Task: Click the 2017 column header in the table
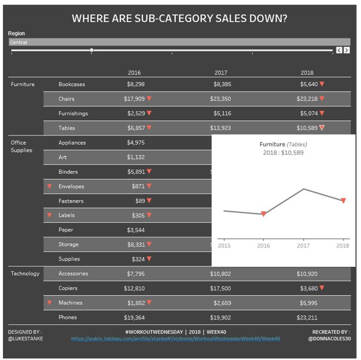tap(220, 73)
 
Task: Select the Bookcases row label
tap(72, 85)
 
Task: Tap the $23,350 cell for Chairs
tap(220, 99)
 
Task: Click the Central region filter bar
tap(179, 42)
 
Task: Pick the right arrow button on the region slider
tap(347, 50)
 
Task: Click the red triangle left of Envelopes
tap(49, 186)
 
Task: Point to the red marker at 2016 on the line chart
tap(264, 214)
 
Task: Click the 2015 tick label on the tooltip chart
tap(223, 246)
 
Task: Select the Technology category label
tap(25, 274)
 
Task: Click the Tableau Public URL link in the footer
tap(175, 339)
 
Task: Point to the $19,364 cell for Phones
tap(134, 317)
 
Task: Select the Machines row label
tap(71, 303)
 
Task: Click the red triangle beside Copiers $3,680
tap(322, 288)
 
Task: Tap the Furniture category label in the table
tap(23, 85)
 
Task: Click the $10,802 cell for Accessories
tap(220, 274)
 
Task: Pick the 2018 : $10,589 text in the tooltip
tap(283, 153)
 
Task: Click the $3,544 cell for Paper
tap(136, 230)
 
